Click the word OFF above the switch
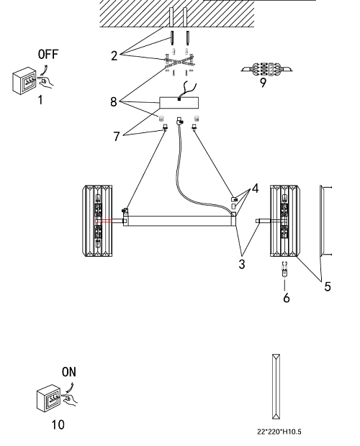click(x=48, y=54)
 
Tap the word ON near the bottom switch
click(x=69, y=372)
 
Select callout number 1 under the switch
click(x=41, y=100)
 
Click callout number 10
click(x=58, y=424)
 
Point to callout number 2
click(x=114, y=56)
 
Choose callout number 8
click(x=114, y=101)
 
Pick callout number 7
click(x=117, y=136)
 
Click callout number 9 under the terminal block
click(x=264, y=83)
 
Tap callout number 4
click(x=256, y=188)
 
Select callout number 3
click(x=242, y=264)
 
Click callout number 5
click(x=328, y=286)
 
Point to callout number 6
click(x=287, y=298)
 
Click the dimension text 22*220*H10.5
click(x=279, y=432)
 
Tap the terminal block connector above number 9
click(x=266, y=69)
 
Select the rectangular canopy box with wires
click(x=179, y=103)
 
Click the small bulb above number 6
click(x=284, y=269)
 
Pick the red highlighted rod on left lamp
click(x=104, y=221)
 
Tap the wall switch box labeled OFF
click(x=24, y=81)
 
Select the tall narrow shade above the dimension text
click(x=276, y=386)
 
